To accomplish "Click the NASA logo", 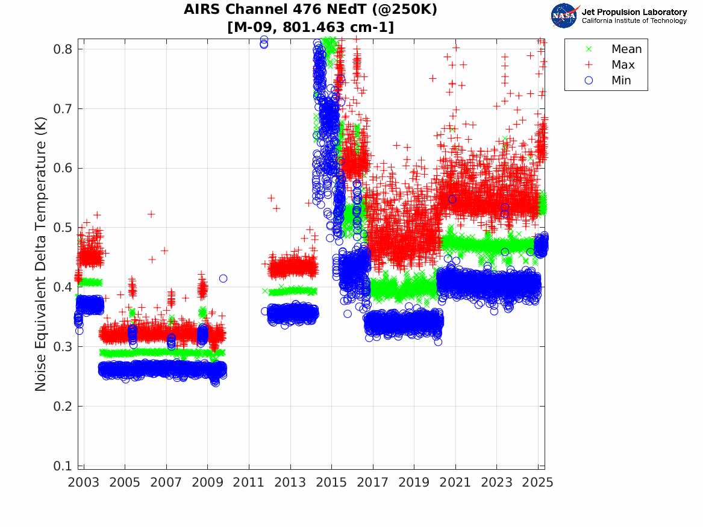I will coord(565,15).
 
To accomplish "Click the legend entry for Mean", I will coord(626,49).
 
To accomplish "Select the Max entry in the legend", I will coord(623,65).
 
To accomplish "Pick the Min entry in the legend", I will coord(621,81).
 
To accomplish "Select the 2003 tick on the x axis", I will coord(84,482).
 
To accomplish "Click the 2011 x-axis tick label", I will coord(249,482).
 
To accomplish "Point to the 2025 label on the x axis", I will coord(538,482).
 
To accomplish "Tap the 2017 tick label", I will coord(373,482).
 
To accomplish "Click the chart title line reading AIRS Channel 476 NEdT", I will coord(311,10).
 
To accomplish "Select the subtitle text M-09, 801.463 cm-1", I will coord(311,27).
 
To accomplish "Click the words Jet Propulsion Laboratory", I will coord(634,11).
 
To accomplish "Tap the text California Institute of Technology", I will coord(634,21).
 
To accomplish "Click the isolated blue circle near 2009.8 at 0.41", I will coord(223,278).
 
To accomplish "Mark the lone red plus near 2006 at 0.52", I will coord(151,214).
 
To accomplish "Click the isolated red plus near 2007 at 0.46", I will coord(164,250).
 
